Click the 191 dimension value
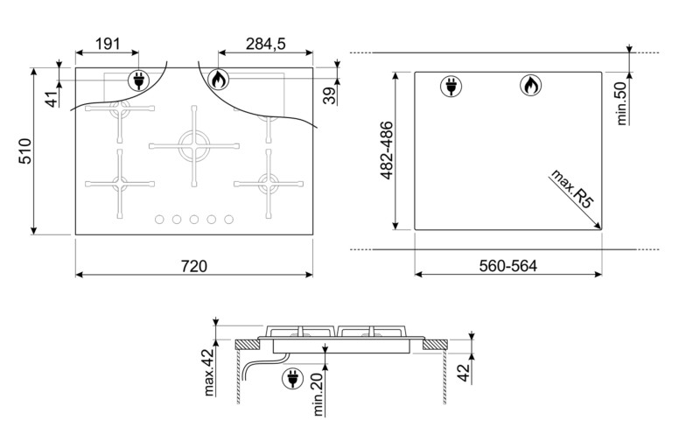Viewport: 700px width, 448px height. [108, 44]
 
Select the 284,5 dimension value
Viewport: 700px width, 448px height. [265, 44]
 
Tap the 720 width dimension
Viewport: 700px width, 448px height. [194, 266]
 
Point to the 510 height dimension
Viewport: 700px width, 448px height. [25, 151]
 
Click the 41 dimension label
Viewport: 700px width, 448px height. [52, 99]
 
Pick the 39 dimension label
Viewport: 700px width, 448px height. [330, 95]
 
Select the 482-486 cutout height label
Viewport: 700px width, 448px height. [387, 150]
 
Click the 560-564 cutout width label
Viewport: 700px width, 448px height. [508, 266]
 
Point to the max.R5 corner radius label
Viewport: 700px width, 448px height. [573, 189]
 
